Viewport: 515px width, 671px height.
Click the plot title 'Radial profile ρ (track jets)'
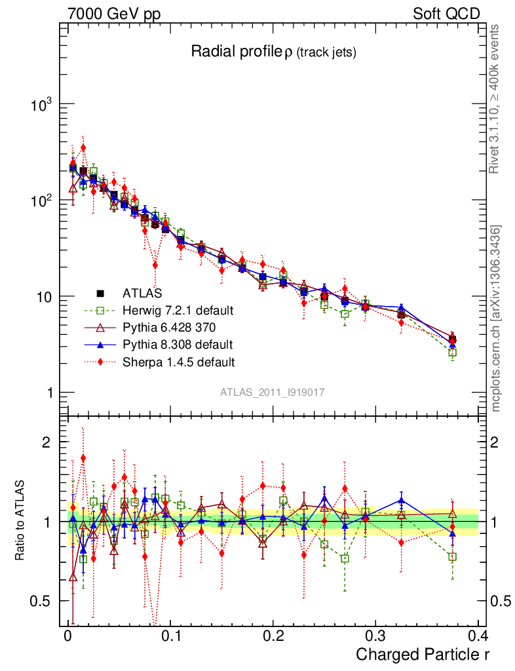273,52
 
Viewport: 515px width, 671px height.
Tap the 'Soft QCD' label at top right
446,14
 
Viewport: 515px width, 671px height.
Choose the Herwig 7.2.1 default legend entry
164,309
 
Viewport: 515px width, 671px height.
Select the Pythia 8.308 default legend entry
164,344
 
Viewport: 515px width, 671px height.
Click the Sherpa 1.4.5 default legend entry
164,361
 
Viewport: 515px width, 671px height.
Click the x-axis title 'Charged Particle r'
422,654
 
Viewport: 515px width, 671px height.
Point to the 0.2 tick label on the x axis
273,636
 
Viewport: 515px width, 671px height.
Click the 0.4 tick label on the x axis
478,636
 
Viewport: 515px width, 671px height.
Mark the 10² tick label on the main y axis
42,201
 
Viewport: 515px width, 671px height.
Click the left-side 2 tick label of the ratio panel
47,442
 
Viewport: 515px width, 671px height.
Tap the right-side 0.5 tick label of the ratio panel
499,601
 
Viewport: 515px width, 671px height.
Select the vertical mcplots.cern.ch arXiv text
496,318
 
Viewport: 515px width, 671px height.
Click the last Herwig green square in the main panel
452,353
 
